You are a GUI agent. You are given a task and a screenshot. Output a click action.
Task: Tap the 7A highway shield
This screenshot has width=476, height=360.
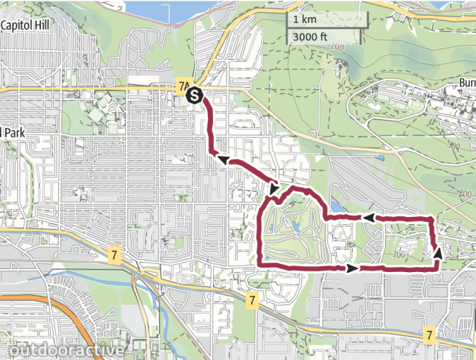184,86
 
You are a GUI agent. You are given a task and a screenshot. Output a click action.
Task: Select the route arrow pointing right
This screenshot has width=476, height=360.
352,267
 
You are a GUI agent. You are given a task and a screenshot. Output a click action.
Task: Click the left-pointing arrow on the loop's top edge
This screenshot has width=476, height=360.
367,218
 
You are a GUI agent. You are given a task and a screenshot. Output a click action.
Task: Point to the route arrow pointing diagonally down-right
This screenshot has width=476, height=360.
275,190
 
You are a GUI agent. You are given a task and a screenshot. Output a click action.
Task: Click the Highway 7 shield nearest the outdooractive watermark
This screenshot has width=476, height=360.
113,255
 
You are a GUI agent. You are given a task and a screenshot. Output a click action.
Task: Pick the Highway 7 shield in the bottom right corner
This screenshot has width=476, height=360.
429,335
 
